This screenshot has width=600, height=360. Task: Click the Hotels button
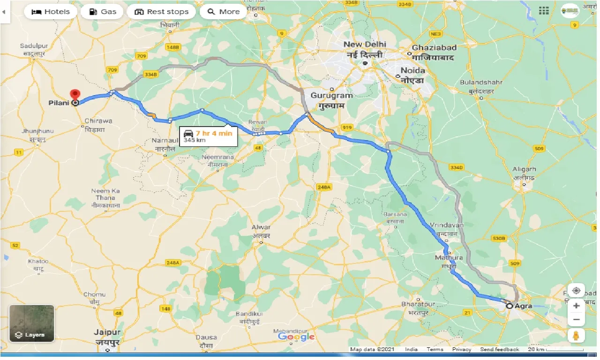click(51, 12)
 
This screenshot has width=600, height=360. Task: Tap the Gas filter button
click(102, 12)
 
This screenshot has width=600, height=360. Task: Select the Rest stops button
click(161, 12)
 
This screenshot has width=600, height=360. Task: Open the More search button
click(224, 12)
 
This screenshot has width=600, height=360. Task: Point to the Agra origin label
click(523, 306)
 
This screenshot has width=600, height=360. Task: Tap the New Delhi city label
click(365, 45)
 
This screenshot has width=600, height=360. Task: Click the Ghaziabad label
click(434, 48)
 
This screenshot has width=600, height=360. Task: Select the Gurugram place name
click(331, 95)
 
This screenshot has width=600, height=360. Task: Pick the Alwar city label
click(261, 227)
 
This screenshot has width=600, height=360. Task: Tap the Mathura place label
click(449, 258)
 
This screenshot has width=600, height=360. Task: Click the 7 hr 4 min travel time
click(214, 133)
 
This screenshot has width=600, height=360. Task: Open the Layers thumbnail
click(32, 323)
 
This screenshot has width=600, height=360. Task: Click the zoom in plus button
click(576, 306)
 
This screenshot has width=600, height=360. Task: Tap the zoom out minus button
click(576, 320)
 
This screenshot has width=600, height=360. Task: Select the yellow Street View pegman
click(576, 336)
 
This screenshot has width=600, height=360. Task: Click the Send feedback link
click(499, 350)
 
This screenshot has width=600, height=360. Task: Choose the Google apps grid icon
click(544, 11)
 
